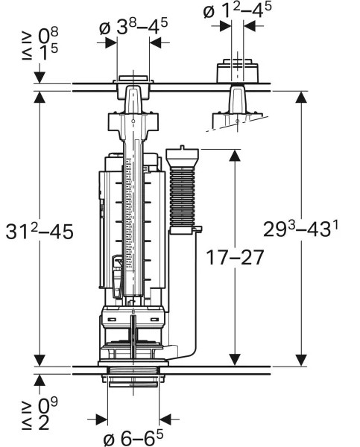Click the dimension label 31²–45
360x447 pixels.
point(40,231)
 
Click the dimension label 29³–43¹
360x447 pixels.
point(300,229)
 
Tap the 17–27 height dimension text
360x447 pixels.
point(235,258)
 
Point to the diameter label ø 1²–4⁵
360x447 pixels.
point(237,10)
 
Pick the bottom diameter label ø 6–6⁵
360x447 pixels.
point(133,438)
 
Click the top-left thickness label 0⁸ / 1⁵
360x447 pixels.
point(40,44)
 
